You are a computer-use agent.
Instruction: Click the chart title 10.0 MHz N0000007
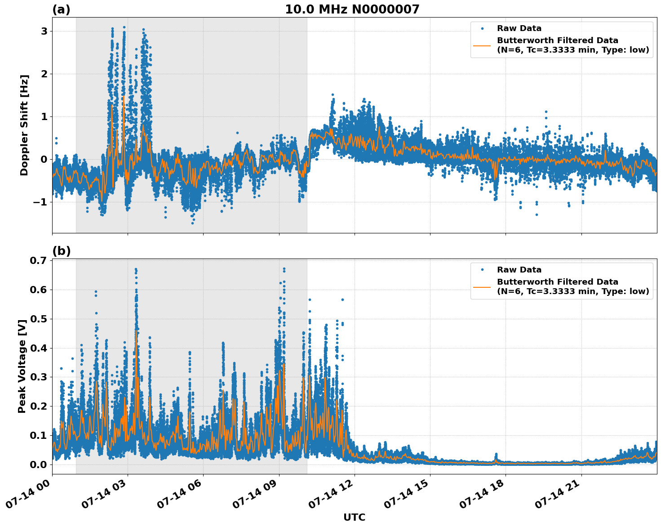(352, 9)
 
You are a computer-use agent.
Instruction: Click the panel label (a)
(61, 9)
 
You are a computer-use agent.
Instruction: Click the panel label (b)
(61, 251)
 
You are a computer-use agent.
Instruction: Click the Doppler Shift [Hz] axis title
(24, 125)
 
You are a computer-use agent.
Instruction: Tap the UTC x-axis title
(354, 517)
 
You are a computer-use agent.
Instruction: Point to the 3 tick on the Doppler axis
(44, 31)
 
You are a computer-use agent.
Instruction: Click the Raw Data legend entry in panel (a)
(519, 28)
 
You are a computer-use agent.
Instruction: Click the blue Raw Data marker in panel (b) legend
(482, 270)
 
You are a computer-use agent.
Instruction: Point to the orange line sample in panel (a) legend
(482, 45)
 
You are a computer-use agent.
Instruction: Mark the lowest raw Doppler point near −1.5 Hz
(193, 223)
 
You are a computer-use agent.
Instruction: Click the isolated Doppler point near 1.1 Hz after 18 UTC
(546, 112)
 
